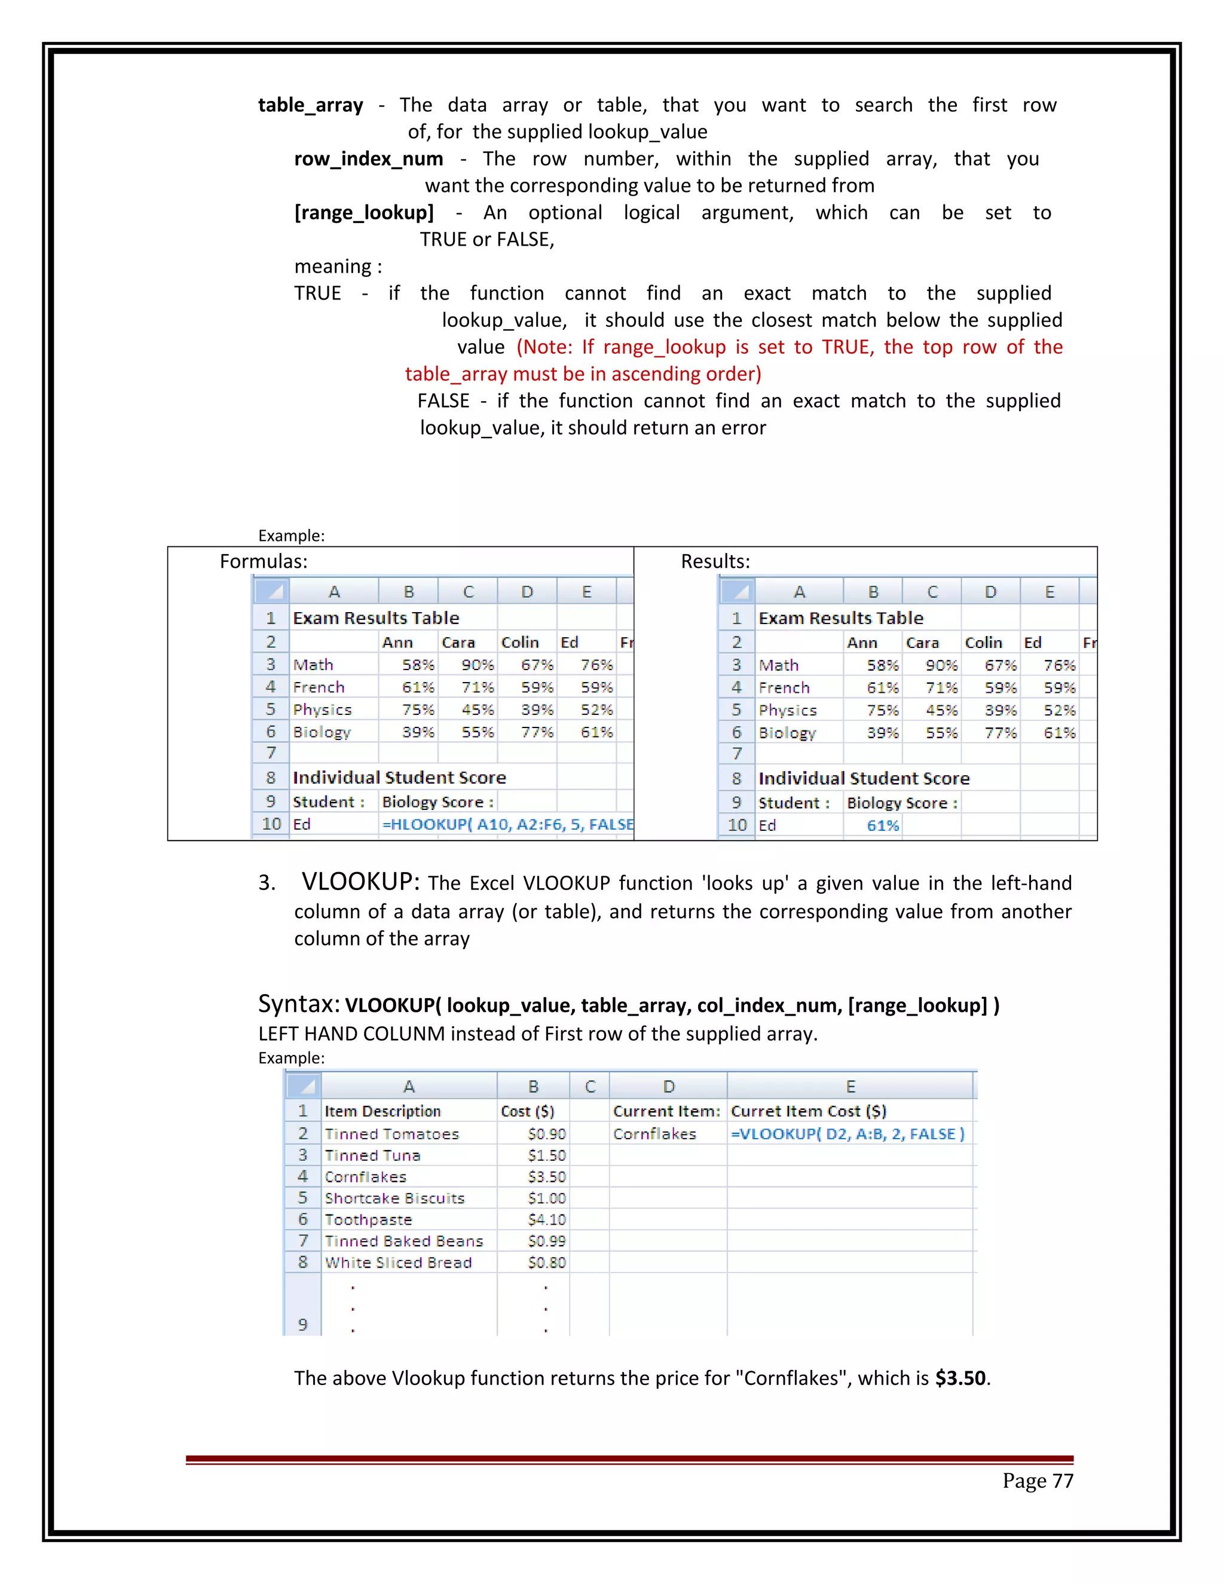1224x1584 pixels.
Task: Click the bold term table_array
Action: point(310,105)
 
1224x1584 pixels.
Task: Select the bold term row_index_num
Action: point(368,159)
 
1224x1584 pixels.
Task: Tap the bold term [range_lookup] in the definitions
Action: point(364,213)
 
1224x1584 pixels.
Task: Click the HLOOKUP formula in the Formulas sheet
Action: point(507,824)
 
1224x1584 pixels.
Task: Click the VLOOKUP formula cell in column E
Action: point(847,1133)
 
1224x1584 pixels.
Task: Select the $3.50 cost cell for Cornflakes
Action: point(546,1176)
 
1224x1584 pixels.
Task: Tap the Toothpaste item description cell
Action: point(368,1219)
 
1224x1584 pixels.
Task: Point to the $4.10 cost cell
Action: point(546,1219)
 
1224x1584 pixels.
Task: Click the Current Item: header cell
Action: point(666,1111)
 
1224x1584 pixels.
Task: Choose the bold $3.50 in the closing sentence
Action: point(960,1378)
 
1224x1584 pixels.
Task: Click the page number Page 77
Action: point(1037,1480)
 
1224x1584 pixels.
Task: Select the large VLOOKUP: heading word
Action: point(360,881)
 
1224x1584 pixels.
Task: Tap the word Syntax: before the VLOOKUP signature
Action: point(299,1004)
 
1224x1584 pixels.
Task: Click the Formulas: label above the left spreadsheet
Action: point(263,561)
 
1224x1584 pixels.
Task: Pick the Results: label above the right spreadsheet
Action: point(715,561)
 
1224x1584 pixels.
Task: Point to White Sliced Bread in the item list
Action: point(398,1262)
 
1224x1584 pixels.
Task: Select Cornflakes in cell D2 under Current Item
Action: point(654,1133)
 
